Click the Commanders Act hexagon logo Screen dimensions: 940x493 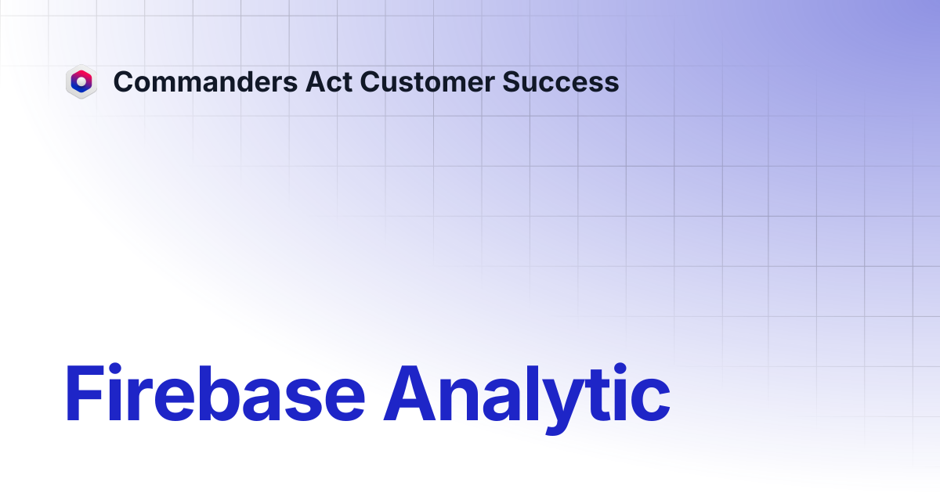click(81, 81)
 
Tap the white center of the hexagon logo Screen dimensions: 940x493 click(81, 81)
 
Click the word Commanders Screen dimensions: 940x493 click(205, 81)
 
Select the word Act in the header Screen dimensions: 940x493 click(328, 81)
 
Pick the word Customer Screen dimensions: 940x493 click(427, 81)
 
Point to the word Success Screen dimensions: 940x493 click(561, 81)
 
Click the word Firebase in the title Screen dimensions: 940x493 click(215, 393)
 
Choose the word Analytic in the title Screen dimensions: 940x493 click(527, 398)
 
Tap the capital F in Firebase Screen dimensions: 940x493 click(85, 393)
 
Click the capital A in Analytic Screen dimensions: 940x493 click(410, 393)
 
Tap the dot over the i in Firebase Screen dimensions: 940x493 click(115, 369)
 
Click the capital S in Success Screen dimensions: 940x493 click(512, 81)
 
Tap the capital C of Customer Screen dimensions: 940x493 click(371, 81)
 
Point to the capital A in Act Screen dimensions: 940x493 click(316, 81)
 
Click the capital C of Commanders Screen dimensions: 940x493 click(125, 81)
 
